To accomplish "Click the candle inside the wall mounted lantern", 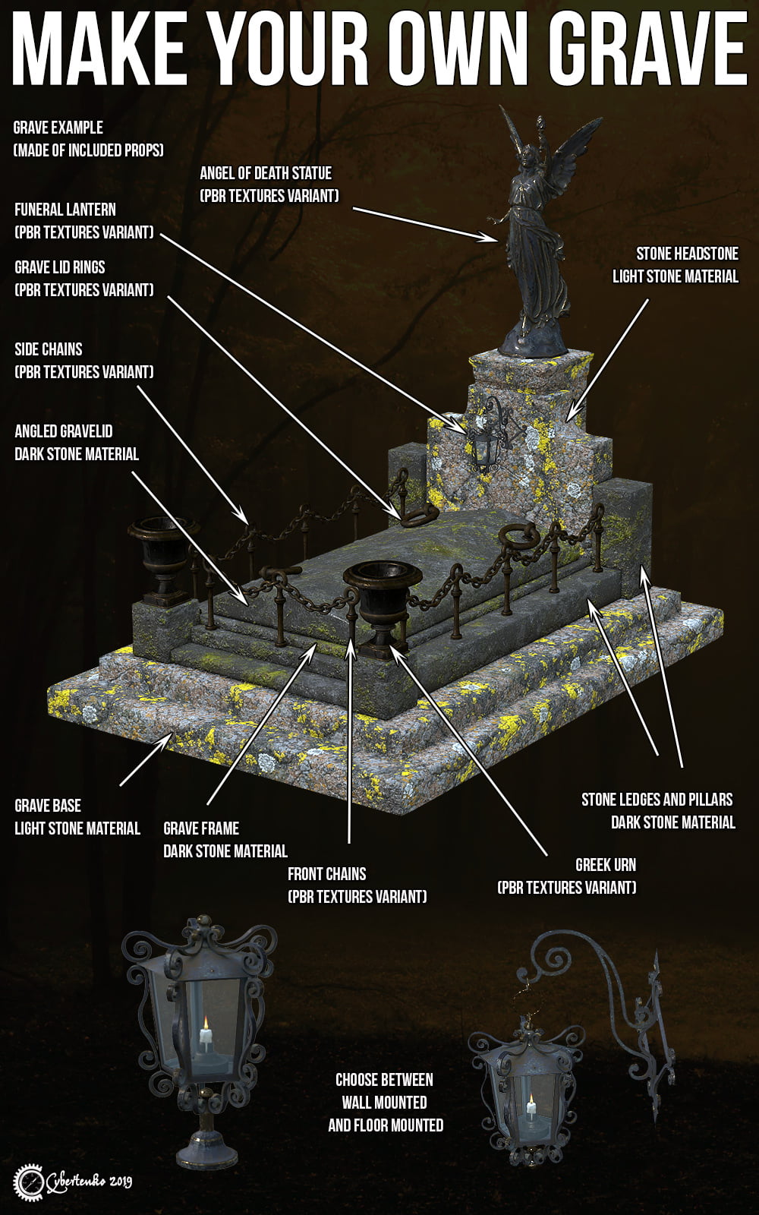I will click(531, 1112).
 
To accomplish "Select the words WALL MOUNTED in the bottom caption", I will click(384, 1102).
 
